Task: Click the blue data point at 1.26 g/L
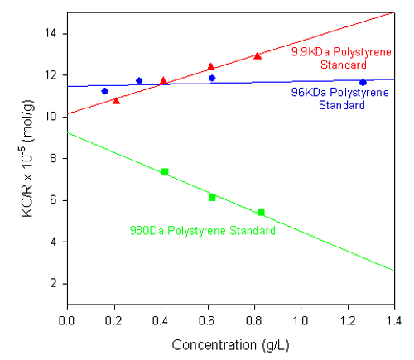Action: [362, 82]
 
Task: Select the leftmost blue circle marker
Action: [104, 91]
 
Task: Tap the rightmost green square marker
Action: [261, 212]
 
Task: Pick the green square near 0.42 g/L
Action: [165, 171]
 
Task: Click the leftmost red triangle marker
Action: [116, 100]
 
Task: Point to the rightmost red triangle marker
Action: [258, 56]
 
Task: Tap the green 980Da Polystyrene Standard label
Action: [202, 231]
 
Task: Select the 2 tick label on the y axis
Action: [54, 283]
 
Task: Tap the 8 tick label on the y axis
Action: [54, 158]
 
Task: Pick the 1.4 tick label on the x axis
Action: [393, 318]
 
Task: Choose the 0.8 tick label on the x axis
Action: [253, 318]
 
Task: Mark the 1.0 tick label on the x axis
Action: [300, 318]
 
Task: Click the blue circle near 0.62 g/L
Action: [212, 78]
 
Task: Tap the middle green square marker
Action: [212, 197]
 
